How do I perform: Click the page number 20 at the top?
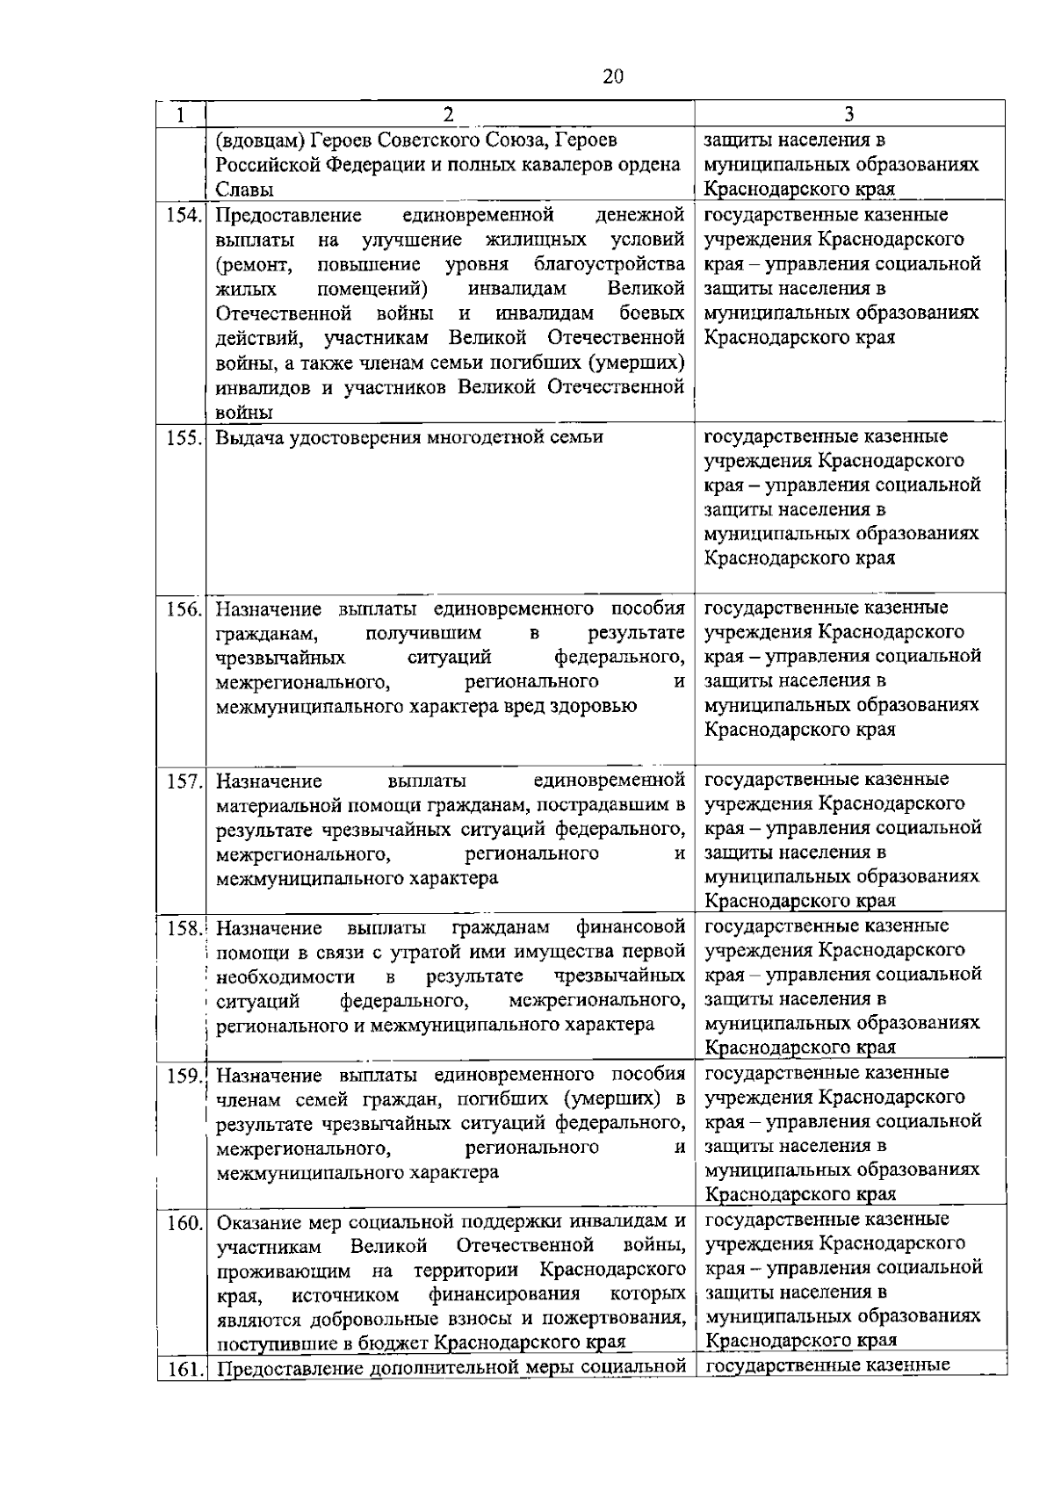point(613,76)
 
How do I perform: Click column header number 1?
point(181,114)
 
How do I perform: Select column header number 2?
point(449,114)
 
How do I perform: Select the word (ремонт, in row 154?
point(248,264)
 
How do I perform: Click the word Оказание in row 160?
point(257,1221)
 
